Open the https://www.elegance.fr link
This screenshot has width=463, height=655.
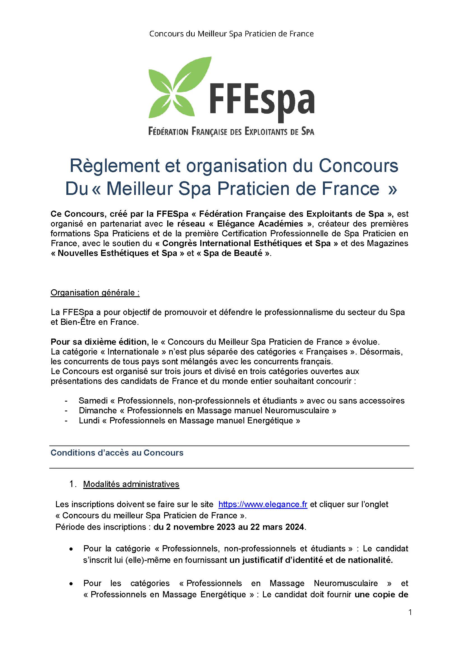click(x=262, y=504)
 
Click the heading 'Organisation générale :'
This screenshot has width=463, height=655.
click(x=95, y=293)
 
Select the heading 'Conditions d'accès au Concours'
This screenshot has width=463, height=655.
click(x=117, y=453)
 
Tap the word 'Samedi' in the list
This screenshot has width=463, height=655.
click(x=93, y=400)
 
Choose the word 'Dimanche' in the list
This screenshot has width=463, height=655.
click(x=98, y=411)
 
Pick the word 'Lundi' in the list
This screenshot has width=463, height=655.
click(x=89, y=421)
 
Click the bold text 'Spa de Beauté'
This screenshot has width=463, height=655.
click(x=232, y=253)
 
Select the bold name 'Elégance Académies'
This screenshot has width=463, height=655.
click(x=260, y=223)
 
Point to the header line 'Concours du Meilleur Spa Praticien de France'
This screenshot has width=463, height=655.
click(x=231, y=34)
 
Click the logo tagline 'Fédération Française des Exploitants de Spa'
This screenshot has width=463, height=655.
click(x=231, y=132)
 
